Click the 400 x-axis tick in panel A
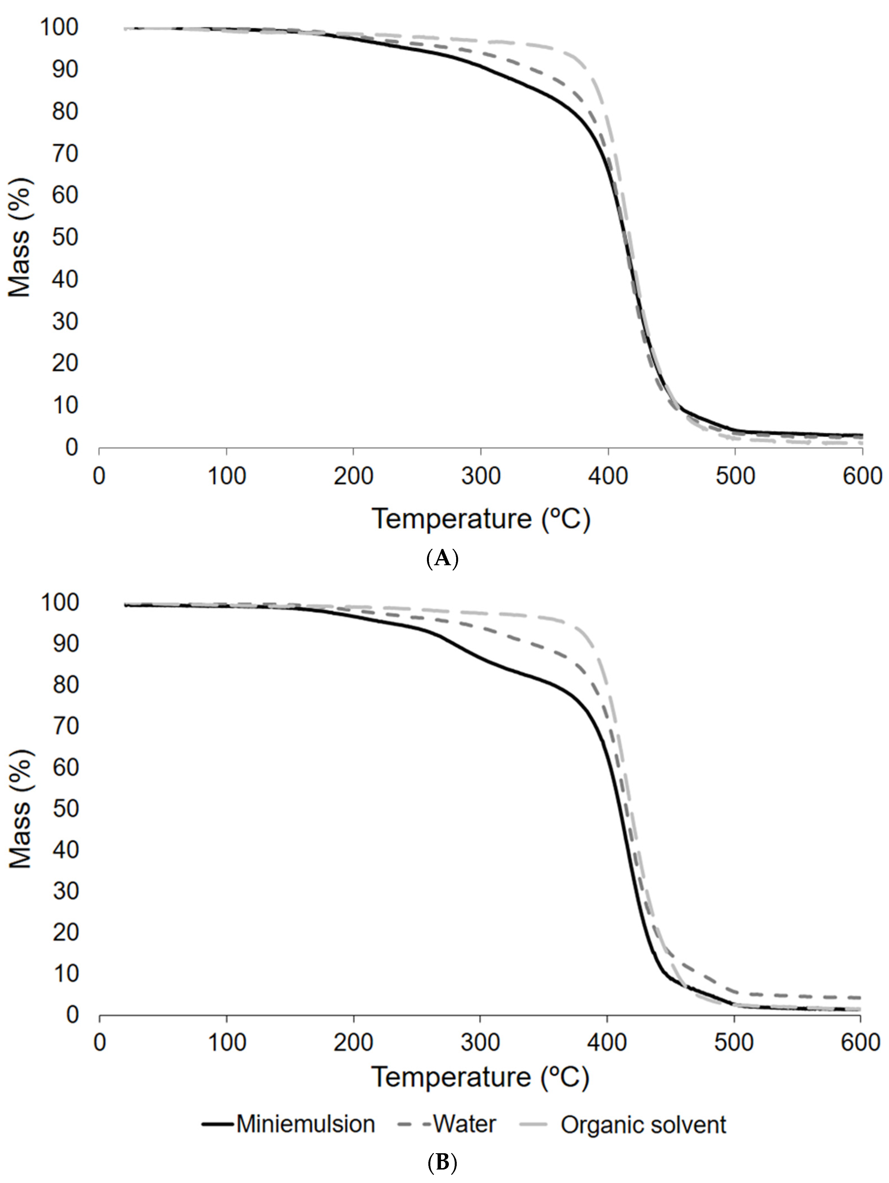(608, 475)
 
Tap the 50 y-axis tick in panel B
(66, 809)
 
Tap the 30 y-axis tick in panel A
(66, 322)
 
